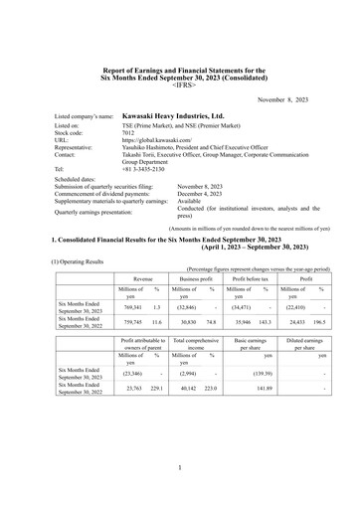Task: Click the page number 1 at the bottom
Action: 180,465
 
